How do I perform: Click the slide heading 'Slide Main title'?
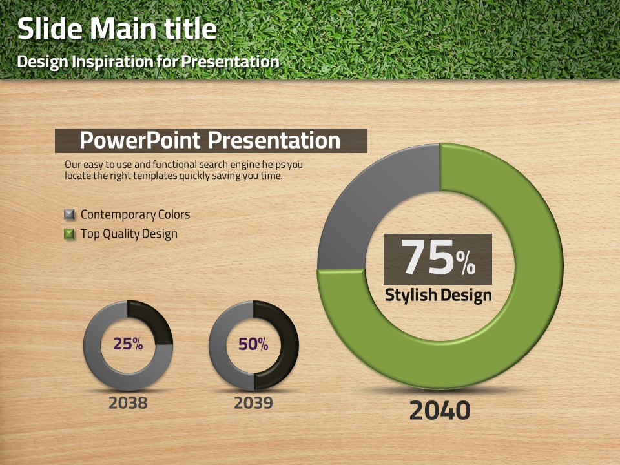click(117, 28)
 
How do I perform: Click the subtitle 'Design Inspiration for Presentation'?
click(149, 62)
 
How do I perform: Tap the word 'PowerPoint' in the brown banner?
click(140, 140)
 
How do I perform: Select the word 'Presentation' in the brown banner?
click(274, 140)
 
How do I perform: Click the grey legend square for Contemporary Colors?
click(69, 214)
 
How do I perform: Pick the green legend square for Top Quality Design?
click(69, 234)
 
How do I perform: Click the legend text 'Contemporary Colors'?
click(135, 214)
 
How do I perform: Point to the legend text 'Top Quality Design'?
click(129, 234)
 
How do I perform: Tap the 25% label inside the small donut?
click(128, 344)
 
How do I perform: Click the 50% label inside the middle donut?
click(253, 344)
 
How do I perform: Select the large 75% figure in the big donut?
click(438, 258)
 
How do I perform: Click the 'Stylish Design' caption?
click(438, 295)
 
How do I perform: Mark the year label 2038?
click(128, 403)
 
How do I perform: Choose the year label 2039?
click(253, 403)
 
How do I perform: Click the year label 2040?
click(440, 411)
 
